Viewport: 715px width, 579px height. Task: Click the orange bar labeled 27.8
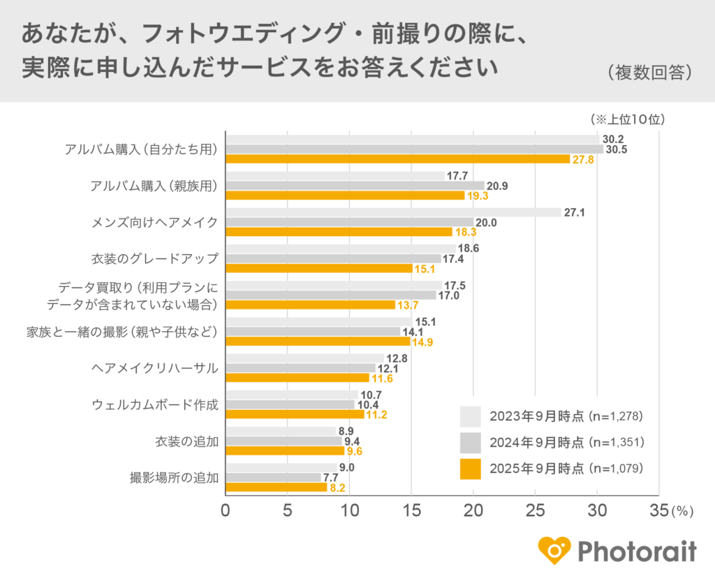coord(398,159)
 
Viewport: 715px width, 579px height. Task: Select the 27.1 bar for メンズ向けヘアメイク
coord(393,212)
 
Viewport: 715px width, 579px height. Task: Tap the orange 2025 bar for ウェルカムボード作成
coord(295,414)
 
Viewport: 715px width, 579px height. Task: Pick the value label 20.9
coord(496,186)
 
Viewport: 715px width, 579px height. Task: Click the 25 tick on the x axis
coord(535,511)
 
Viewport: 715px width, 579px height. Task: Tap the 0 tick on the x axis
coord(226,511)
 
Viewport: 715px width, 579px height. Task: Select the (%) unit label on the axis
coord(681,512)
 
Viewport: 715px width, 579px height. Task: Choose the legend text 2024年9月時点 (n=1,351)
coord(566,443)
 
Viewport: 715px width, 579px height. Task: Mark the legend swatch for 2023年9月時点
coord(471,417)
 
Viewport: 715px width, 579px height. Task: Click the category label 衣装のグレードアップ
coord(155,258)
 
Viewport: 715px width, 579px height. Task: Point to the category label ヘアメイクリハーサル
coord(155,368)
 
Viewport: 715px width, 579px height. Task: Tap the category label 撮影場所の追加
coord(174,478)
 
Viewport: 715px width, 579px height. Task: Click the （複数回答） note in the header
coord(649,73)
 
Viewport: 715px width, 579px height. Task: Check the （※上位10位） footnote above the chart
coord(626,119)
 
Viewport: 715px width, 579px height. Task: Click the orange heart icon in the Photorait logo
coord(554,551)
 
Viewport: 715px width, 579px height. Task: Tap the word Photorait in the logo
coord(637,552)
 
